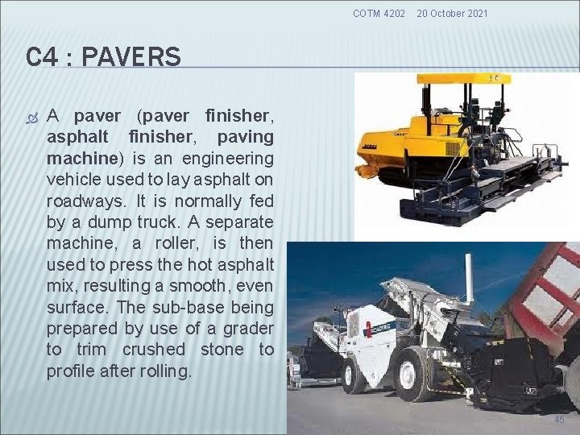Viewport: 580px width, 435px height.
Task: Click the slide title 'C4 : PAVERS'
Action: (103, 57)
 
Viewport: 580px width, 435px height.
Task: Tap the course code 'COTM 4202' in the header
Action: (379, 13)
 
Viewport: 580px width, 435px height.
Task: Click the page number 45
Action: (559, 419)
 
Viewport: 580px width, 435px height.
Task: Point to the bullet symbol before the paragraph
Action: (32, 117)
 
